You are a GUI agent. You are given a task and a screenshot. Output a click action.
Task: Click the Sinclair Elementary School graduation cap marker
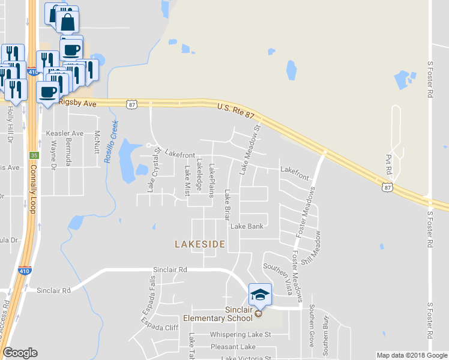(x=259, y=295)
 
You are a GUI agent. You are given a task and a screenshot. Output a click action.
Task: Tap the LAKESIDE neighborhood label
(x=200, y=244)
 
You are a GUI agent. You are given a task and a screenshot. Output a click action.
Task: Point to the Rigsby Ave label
(x=78, y=103)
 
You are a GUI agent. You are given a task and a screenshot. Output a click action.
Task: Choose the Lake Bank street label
(x=247, y=226)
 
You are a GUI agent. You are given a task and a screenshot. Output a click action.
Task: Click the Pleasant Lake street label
(x=233, y=347)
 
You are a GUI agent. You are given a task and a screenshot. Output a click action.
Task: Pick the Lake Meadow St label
(x=250, y=150)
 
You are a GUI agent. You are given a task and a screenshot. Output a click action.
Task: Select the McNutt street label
(x=96, y=142)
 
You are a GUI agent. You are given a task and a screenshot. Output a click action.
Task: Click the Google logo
(x=20, y=353)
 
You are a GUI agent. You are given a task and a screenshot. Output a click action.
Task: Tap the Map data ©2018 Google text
(x=411, y=355)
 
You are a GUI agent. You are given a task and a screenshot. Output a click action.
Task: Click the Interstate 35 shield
(x=34, y=155)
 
